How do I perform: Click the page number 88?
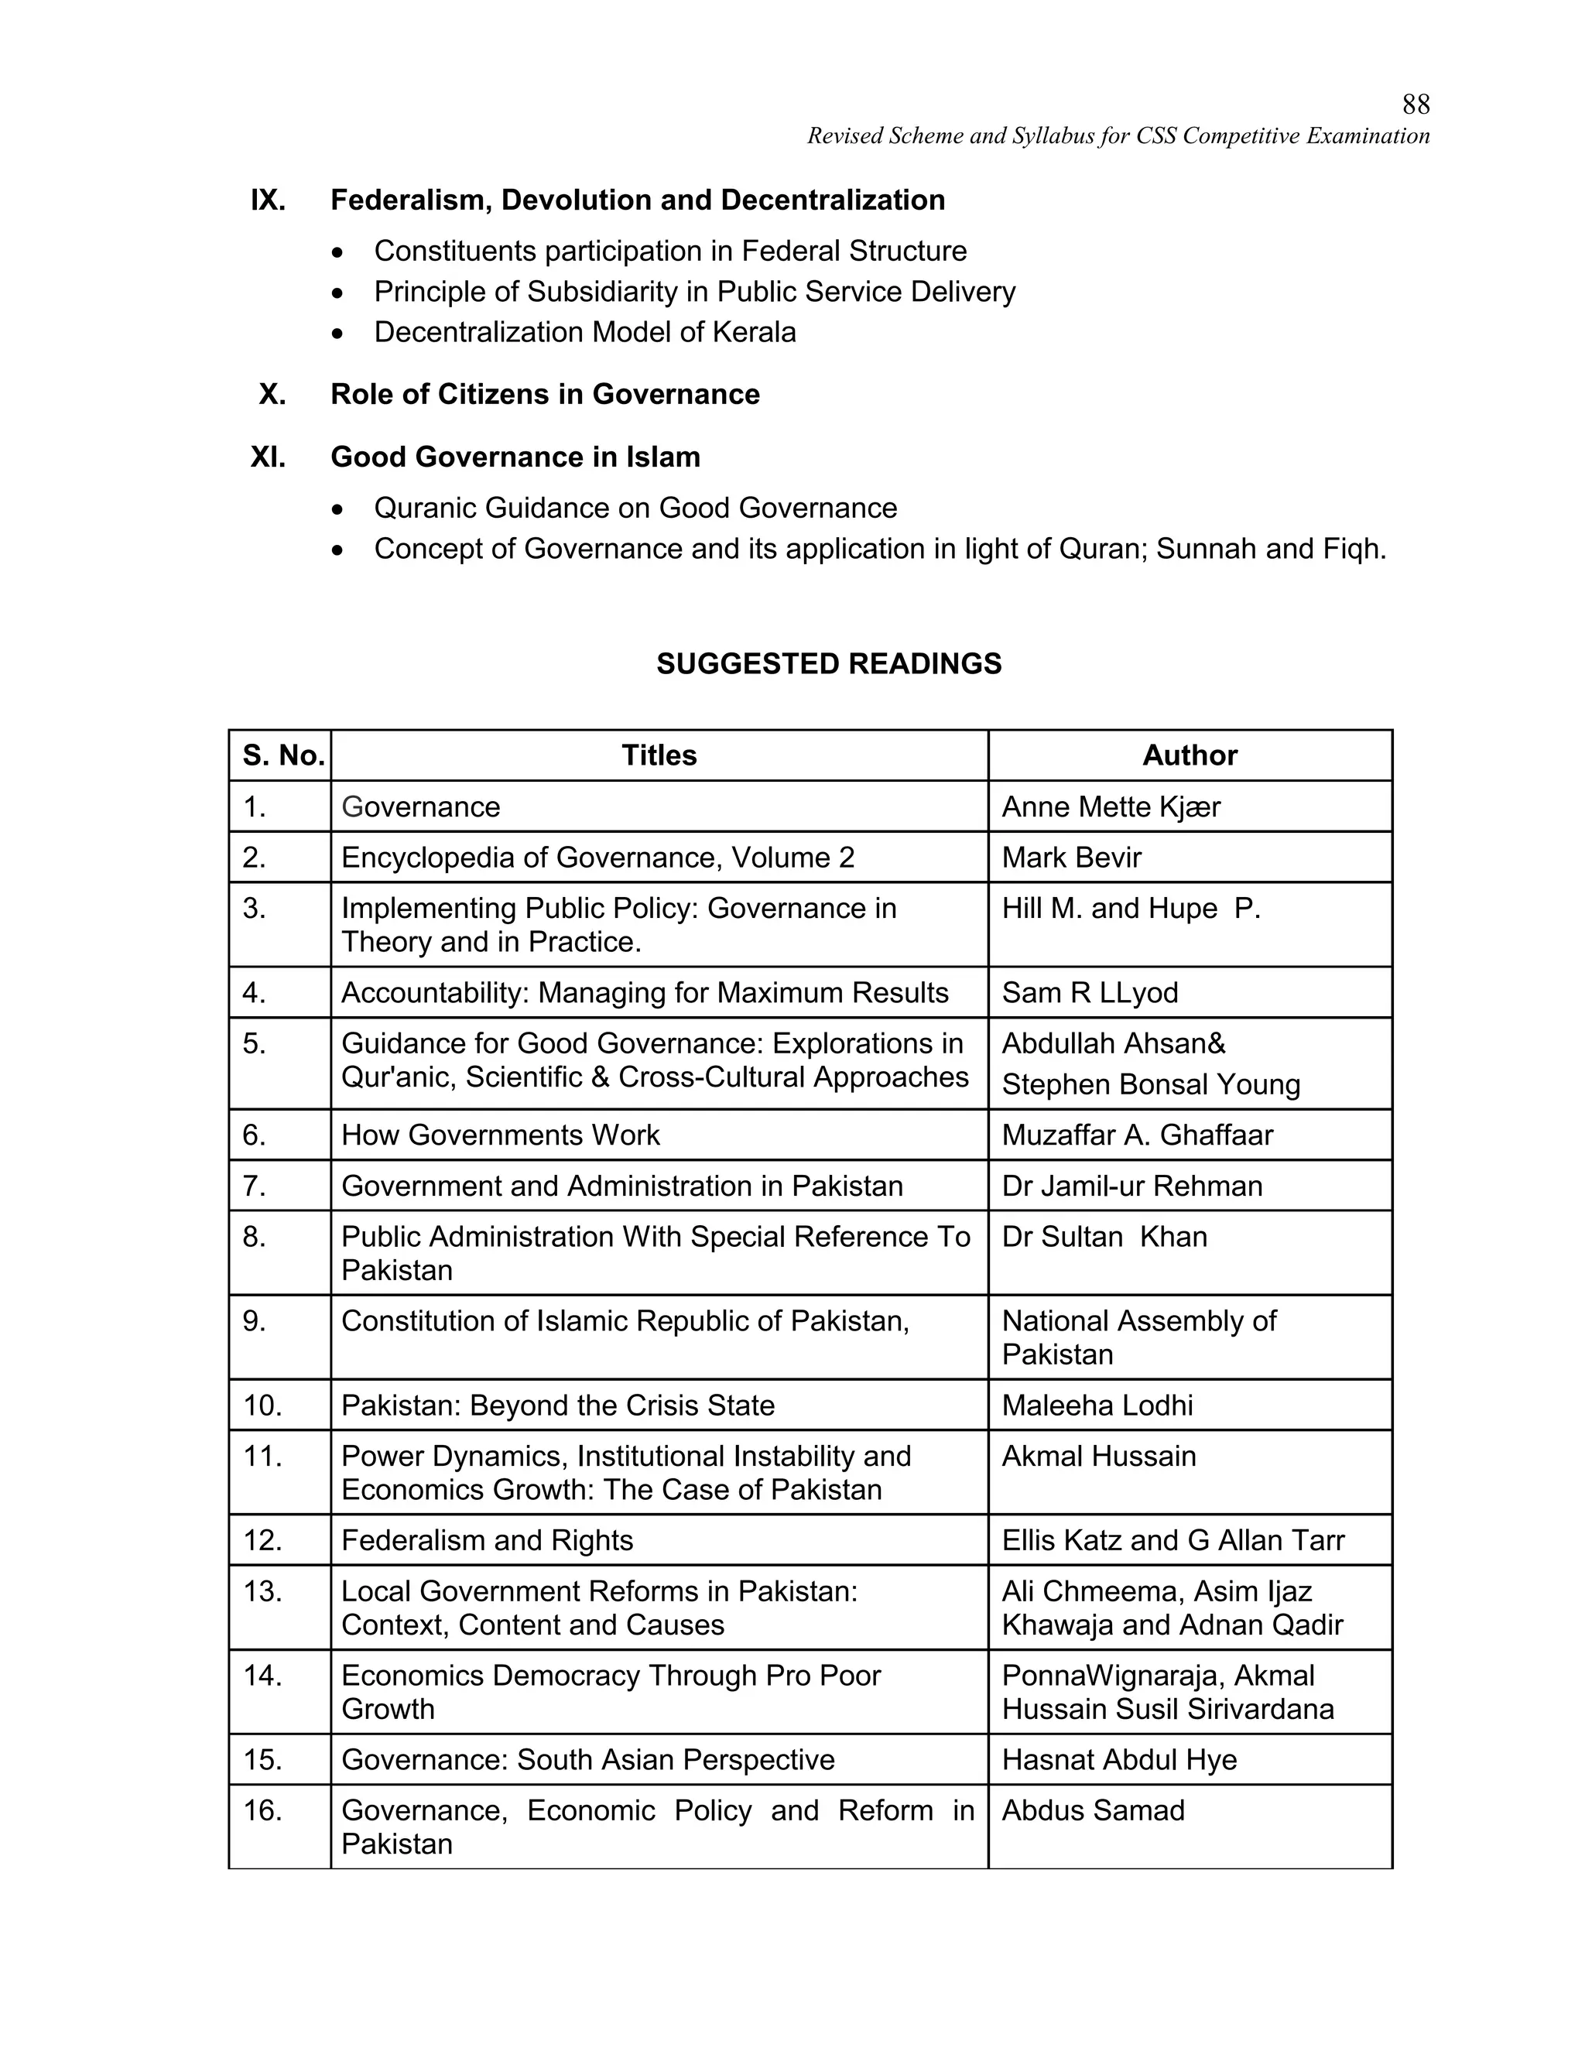point(1415,104)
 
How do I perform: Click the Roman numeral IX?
point(268,200)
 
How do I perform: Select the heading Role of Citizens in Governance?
point(545,395)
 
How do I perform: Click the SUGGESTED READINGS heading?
point(828,664)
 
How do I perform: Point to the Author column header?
point(1189,755)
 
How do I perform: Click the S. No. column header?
point(282,755)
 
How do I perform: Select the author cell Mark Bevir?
point(1071,858)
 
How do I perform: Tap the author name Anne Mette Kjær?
point(1110,806)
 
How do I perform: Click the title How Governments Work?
point(501,1135)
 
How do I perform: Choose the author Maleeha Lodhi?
point(1097,1406)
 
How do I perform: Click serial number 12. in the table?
point(262,1541)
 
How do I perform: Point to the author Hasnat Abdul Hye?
point(1118,1760)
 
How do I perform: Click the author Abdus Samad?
point(1092,1810)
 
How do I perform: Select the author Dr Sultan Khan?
point(1104,1237)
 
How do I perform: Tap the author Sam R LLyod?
point(1089,993)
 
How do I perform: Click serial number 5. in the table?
point(254,1043)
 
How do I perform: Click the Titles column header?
point(659,755)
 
